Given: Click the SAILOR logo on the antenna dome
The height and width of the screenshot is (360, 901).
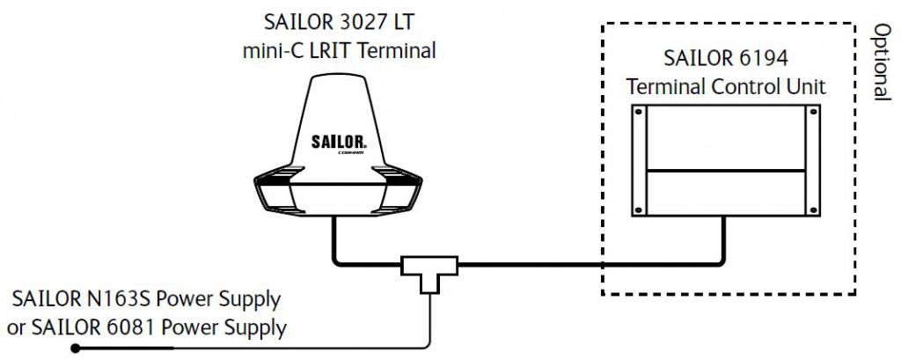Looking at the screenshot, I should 339,141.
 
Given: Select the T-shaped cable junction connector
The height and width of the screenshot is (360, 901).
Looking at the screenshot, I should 429,268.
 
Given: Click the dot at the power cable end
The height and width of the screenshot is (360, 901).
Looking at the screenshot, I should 76,349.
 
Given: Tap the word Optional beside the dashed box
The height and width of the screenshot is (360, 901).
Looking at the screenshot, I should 879,61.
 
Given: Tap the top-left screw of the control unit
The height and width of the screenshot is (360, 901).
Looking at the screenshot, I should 641,112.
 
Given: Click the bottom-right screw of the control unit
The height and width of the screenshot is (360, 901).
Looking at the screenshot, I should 809,208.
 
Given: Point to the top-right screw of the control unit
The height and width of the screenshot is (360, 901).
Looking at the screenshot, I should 809,112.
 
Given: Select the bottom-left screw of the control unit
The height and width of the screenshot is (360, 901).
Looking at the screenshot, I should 641,208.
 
